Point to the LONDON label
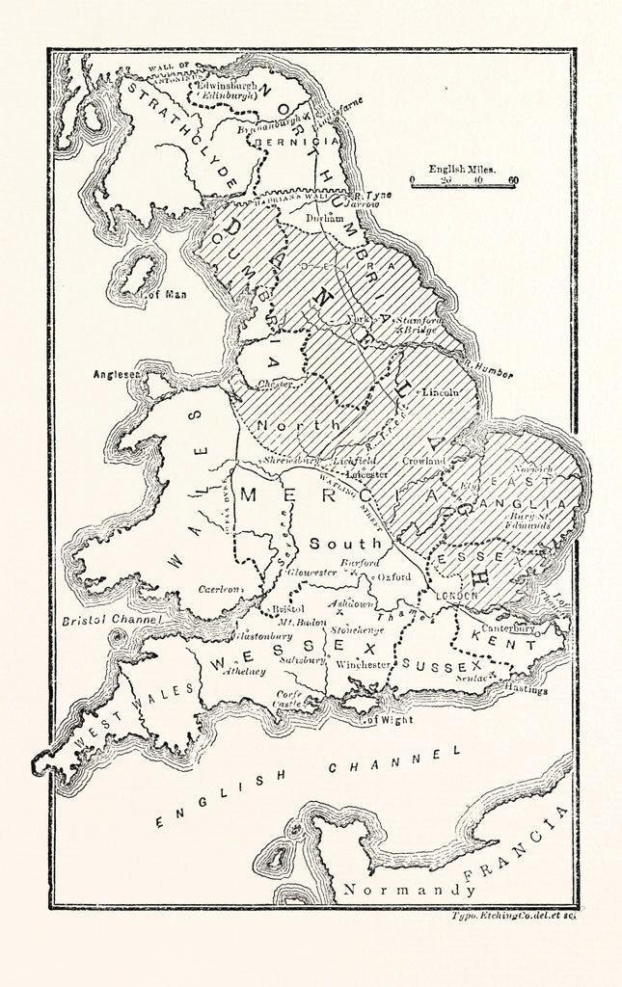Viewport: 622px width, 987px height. [x=457, y=597]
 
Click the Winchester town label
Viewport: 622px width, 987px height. [x=364, y=664]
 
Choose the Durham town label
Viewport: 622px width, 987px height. [x=324, y=218]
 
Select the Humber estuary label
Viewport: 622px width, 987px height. [x=492, y=373]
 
